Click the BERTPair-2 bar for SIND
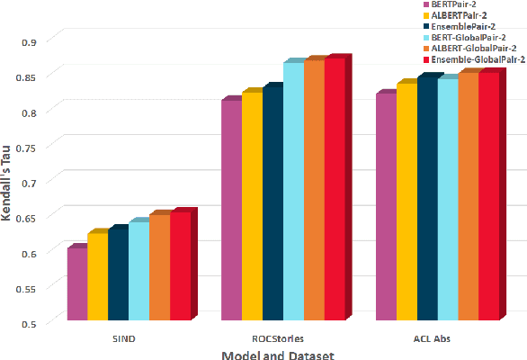point(77,283)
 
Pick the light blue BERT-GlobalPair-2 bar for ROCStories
point(293,190)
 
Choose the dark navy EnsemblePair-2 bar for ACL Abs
point(427,197)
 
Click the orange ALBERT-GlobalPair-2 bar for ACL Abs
point(468,195)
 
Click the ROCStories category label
point(278,338)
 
